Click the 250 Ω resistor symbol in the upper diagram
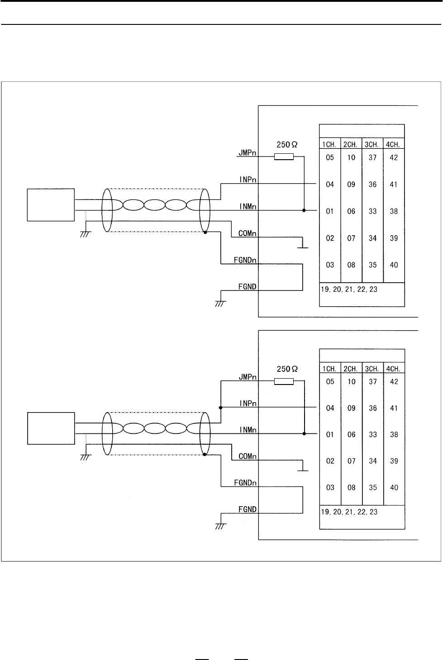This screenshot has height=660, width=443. coord(284,157)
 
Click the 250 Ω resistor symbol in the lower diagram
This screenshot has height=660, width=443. coord(284,381)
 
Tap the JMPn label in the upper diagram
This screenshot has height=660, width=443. coord(247,152)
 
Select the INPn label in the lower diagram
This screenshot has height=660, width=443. coord(248,404)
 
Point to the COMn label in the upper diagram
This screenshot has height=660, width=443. coord(247,233)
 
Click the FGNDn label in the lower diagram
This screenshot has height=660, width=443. coord(245,483)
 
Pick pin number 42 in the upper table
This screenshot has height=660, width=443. coord(394,157)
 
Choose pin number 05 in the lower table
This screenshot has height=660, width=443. coord(330,381)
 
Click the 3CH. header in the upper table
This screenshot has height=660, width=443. coord(372,144)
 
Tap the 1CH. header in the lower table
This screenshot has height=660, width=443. coord(329,369)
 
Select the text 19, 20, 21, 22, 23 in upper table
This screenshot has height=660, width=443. coord(349,290)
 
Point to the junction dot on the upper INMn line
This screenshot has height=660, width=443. coord(304,210)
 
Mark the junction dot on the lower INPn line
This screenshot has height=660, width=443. coord(220,408)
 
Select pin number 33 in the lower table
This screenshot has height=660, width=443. coord(373,435)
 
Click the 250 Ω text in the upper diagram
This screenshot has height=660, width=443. coord(287,144)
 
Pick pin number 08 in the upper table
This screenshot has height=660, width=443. coord(351,265)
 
